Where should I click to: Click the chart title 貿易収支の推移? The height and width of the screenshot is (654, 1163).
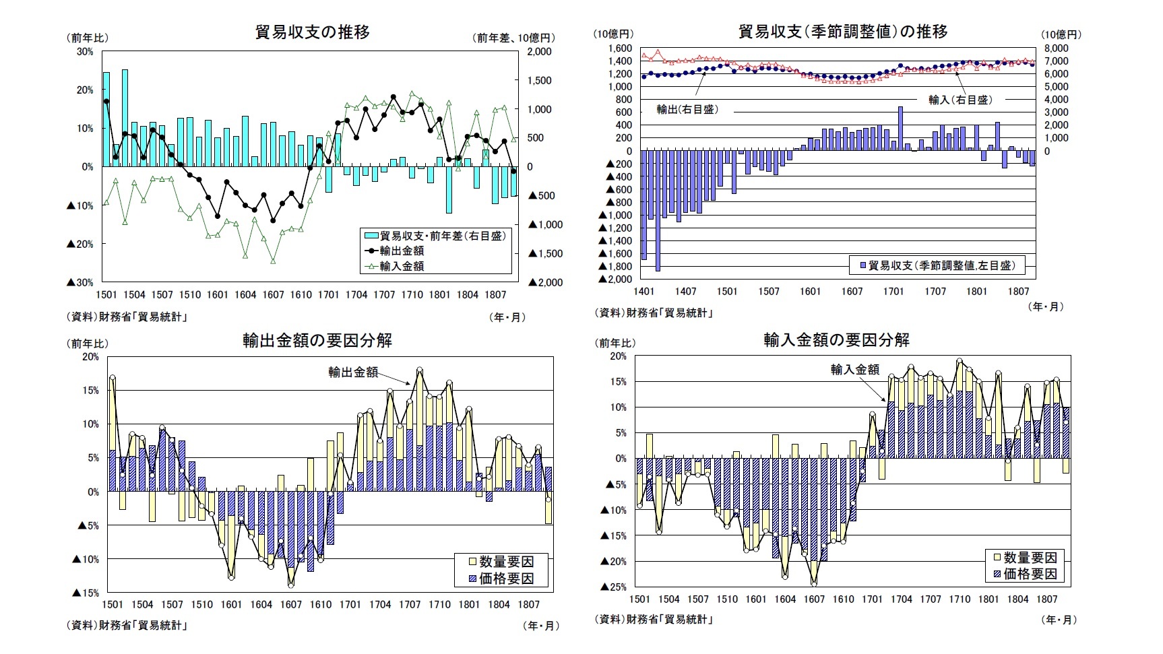click(313, 32)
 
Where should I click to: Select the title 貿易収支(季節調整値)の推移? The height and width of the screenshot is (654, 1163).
click(843, 31)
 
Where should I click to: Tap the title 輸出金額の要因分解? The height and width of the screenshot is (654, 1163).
click(317, 340)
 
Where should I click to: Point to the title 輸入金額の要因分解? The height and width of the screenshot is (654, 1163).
click(836, 340)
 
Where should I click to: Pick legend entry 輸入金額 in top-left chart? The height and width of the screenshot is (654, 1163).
click(402, 266)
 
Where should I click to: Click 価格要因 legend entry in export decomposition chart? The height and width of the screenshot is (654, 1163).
click(506, 579)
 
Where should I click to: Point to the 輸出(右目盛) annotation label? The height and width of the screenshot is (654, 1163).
click(687, 109)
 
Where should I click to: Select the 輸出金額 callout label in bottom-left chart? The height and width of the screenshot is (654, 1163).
click(353, 372)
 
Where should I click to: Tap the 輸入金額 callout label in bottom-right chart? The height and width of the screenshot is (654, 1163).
click(854, 369)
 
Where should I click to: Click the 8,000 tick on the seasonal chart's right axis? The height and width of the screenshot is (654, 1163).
click(1056, 48)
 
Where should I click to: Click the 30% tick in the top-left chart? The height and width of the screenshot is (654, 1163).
click(85, 51)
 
